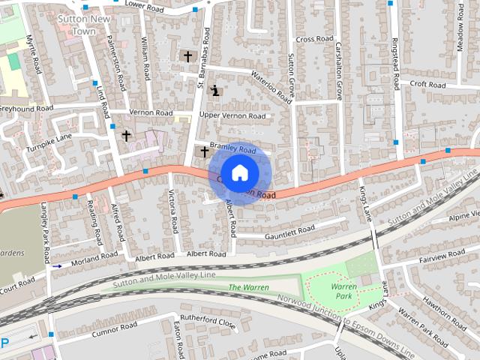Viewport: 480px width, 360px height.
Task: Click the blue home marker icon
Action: (x=239, y=172)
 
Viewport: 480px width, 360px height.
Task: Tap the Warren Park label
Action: (x=343, y=291)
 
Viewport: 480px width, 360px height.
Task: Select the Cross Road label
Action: (x=314, y=39)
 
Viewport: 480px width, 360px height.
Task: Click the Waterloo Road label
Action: (x=271, y=83)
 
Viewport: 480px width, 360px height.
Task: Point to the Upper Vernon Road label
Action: (x=232, y=116)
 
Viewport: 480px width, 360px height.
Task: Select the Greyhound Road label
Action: (x=25, y=109)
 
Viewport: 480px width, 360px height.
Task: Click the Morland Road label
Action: (x=94, y=259)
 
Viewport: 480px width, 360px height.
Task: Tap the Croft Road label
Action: (x=427, y=85)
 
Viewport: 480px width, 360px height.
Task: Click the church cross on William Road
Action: (x=187, y=56)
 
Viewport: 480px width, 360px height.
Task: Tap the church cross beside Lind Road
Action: (x=126, y=136)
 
